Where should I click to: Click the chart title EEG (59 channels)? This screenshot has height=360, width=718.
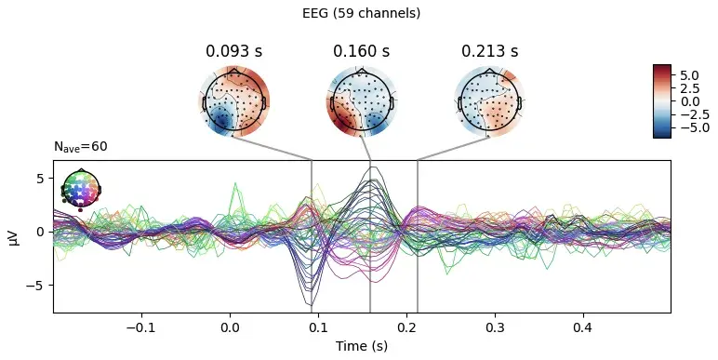[x=361, y=14]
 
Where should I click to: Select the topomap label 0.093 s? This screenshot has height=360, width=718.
[x=232, y=51]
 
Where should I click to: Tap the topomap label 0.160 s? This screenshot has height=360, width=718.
[x=361, y=51]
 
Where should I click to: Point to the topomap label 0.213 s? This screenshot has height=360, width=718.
[x=489, y=51]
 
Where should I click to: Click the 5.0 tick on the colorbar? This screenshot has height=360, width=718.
[x=688, y=73]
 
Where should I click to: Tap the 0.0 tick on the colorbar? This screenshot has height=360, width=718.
[x=688, y=101]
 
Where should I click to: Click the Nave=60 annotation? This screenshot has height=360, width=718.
[x=81, y=147]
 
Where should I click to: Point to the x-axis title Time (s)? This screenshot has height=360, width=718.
[x=361, y=347]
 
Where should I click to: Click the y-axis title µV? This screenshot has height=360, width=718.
[x=14, y=236]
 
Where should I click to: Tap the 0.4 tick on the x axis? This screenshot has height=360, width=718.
[x=582, y=328]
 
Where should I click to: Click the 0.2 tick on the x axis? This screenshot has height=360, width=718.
[x=406, y=328]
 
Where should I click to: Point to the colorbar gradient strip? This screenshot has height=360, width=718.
[x=661, y=101]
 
